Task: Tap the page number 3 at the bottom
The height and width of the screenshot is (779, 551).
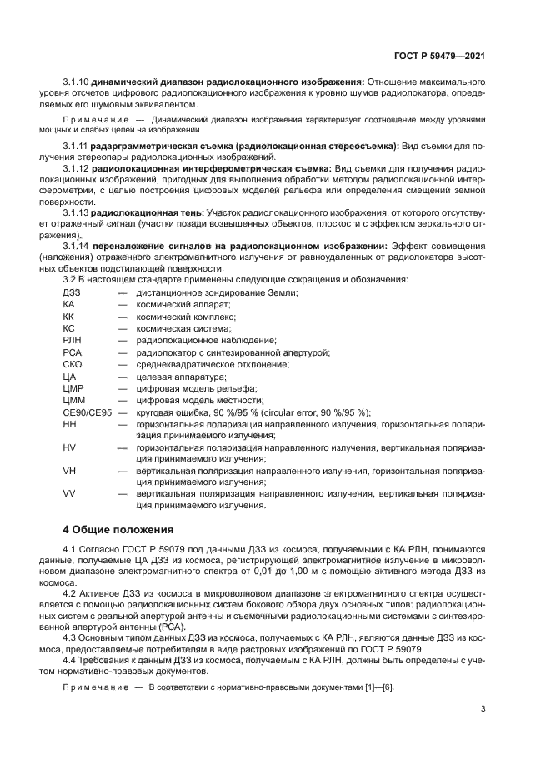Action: [x=483, y=709]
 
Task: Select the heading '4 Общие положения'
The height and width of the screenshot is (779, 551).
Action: [x=118, y=529]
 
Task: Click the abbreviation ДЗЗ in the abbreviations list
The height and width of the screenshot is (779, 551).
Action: [x=73, y=293]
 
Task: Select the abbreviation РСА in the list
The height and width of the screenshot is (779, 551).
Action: [x=72, y=352]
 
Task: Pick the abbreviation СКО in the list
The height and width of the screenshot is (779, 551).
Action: [x=73, y=365]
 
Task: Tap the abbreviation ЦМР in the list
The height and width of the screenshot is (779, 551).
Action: [x=73, y=389]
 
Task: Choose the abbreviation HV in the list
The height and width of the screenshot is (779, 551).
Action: [x=69, y=447]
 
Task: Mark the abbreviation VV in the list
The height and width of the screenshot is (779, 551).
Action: [x=69, y=494]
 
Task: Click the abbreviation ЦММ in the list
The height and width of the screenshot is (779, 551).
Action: [x=73, y=401]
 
